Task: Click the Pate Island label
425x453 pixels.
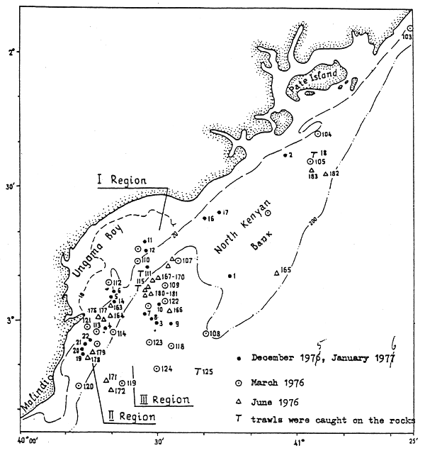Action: [x=314, y=80]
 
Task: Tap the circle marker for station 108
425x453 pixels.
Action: [x=206, y=332]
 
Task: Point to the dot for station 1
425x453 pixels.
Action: [x=230, y=276]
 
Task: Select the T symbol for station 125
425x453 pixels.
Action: [x=197, y=370]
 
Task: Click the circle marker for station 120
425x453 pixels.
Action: [x=78, y=386]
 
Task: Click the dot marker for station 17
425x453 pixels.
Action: [x=219, y=212]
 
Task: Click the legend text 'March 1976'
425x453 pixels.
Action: [x=280, y=382]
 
